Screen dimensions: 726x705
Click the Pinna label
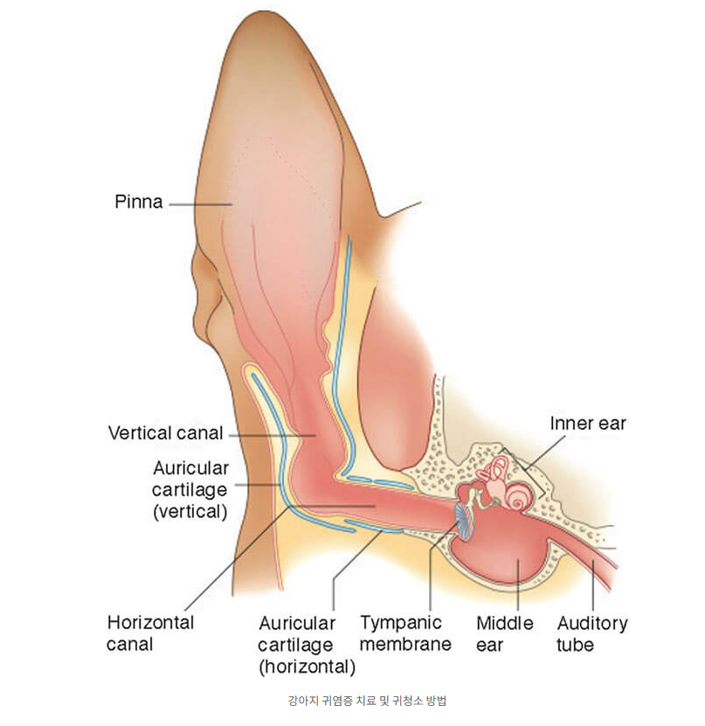pyautogui.click(x=138, y=203)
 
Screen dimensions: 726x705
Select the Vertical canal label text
pyautogui.click(x=165, y=432)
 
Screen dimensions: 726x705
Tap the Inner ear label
pyautogui.click(x=587, y=424)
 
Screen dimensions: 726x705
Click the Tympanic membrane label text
pyautogui.click(x=405, y=633)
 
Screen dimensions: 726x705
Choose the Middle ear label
pyautogui.click(x=504, y=633)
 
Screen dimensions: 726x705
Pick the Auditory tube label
pyautogui.click(x=592, y=633)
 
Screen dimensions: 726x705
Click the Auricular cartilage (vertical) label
pyautogui.click(x=190, y=490)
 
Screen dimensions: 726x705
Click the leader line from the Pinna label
pyautogui.click(x=199, y=204)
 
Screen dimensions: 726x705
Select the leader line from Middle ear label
pyautogui.click(x=517, y=585)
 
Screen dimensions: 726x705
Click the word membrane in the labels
pyautogui.click(x=405, y=645)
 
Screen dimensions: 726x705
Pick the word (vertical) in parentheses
pyautogui.click(x=190, y=512)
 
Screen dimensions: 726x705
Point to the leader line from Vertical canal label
pyautogui.click(x=271, y=433)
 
